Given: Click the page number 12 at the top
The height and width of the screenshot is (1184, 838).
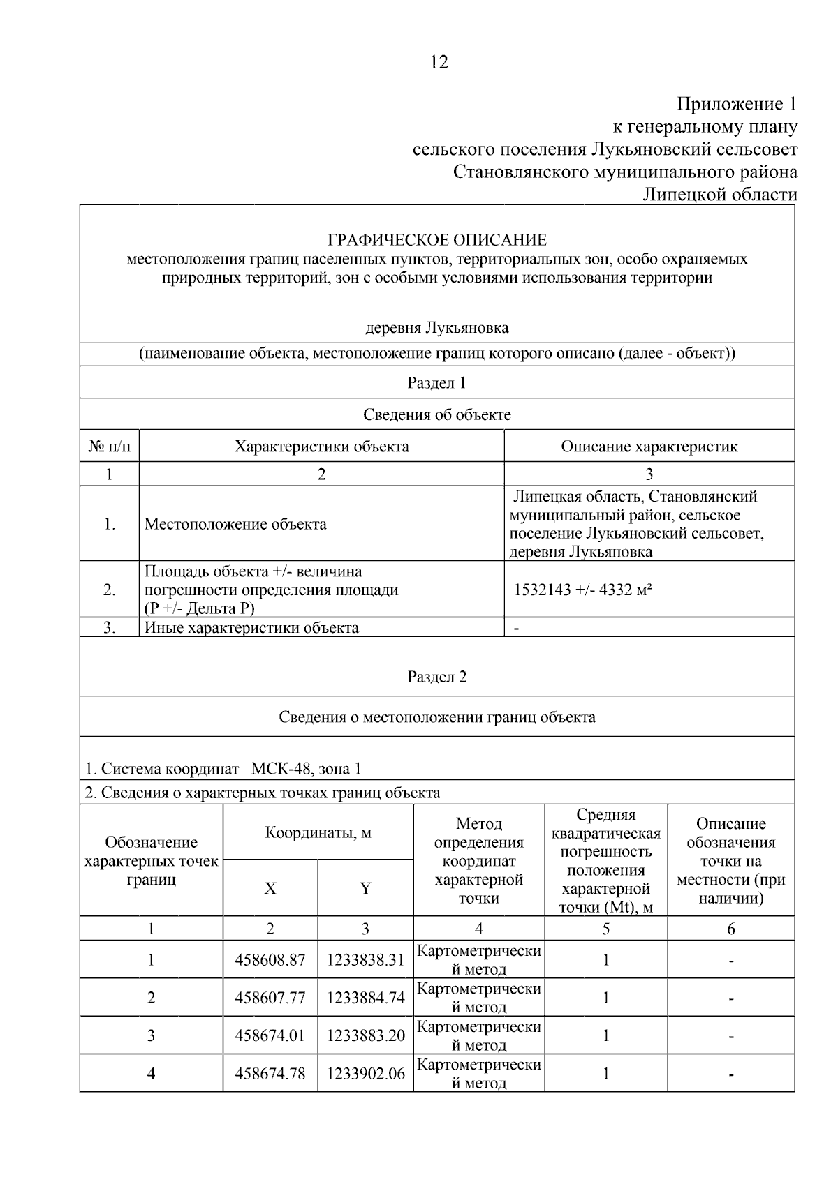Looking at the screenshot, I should pyautogui.click(x=439, y=63).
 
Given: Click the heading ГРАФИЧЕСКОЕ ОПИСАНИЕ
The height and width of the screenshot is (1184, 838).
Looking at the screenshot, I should pyautogui.click(x=437, y=241).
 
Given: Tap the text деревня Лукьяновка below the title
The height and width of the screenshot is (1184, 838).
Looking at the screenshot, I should pyautogui.click(x=437, y=328).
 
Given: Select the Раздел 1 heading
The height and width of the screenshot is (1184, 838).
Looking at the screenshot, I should pyautogui.click(x=437, y=383).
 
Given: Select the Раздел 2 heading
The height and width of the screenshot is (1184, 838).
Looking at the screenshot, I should pyautogui.click(x=437, y=677).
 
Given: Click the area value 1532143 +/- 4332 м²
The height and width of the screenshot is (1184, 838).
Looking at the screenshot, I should pyautogui.click(x=583, y=590).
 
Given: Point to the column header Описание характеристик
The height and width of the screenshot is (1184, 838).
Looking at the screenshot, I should pyautogui.click(x=649, y=447).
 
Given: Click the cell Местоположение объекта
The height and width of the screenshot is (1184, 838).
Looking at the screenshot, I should pyautogui.click(x=235, y=525).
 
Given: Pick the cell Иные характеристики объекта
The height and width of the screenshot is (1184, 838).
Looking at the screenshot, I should pyautogui.click(x=251, y=627).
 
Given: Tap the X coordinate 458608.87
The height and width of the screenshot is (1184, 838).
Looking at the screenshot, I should pyautogui.click(x=270, y=960).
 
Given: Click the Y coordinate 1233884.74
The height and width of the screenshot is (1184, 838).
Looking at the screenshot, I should pyautogui.click(x=365, y=998).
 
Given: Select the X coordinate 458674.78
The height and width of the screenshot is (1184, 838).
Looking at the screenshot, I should pyautogui.click(x=270, y=1073).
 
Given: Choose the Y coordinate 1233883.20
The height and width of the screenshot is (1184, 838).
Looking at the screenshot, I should pyautogui.click(x=365, y=1035).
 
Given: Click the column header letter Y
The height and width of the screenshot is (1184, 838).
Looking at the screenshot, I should pyautogui.click(x=365, y=888).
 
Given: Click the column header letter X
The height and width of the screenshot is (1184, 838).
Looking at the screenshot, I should pyautogui.click(x=270, y=888).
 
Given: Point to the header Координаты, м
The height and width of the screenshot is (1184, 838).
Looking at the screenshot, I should pyautogui.click(x=318, y=833).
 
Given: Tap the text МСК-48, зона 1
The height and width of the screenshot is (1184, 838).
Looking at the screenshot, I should pyautogui.click(x=307, y=769).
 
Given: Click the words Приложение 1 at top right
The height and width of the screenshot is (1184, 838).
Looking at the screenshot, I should pyautogui.click(x=737, y=105).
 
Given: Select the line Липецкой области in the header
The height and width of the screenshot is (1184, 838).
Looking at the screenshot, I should pyautogui.click(x=720, y=195).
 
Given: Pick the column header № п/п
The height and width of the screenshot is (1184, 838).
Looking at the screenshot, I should pyautogui.click(x=110, y=447).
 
